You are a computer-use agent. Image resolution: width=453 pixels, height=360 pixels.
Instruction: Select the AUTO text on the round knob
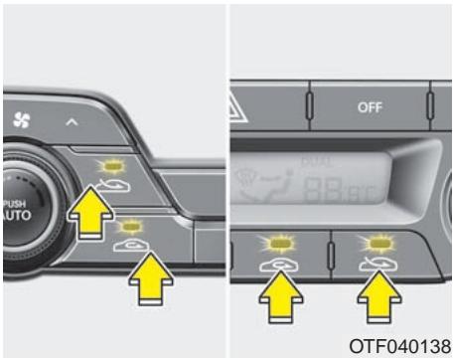click(x=13, y=206)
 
